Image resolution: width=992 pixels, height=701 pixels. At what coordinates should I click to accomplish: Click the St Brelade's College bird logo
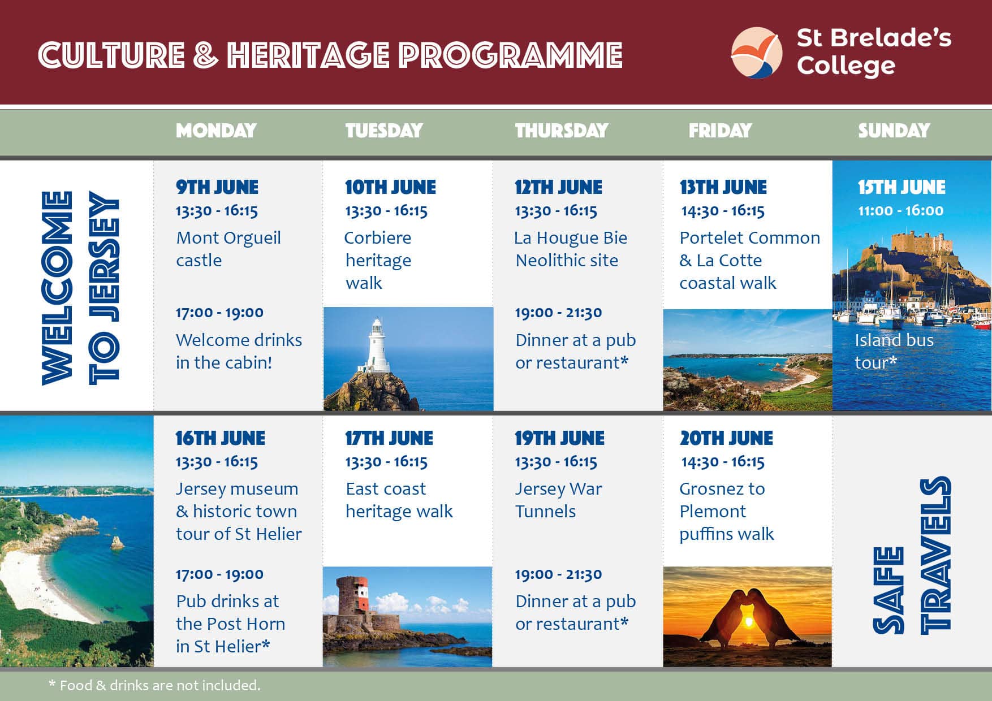click(x=757, y=53)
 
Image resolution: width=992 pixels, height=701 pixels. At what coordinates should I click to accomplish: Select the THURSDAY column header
click(x=561, y=131)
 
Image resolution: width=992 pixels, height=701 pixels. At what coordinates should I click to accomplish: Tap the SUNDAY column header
click(x=894, y=131)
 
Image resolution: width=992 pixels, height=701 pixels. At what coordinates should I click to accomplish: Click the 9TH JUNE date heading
click(x=217, y=187)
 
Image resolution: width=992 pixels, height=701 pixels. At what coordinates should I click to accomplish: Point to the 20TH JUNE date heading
click(x=726, y=438)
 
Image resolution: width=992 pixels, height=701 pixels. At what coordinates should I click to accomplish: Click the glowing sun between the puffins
click(x=748, y=622)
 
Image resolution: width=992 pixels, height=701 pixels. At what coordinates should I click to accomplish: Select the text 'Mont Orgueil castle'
click(x=228, y=249)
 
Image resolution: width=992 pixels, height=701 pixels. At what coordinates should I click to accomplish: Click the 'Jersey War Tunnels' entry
click(x=558, y=500)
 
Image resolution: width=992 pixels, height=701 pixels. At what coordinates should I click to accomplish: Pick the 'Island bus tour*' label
click(x=894, y=351)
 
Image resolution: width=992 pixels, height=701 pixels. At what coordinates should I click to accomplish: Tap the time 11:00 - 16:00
click(x=900, y=211)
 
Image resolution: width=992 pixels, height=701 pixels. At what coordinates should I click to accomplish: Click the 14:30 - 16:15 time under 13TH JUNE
click(x=723, y=211)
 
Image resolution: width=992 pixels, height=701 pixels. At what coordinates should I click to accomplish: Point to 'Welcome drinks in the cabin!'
click(x=239, y=351)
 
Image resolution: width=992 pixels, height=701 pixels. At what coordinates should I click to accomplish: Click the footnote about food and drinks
click(x=154, y=685)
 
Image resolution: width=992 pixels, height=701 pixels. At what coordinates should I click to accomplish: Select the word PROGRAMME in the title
click(x=510, y=55)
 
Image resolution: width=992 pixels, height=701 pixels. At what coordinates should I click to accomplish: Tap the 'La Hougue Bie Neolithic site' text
click(x=571, y=249)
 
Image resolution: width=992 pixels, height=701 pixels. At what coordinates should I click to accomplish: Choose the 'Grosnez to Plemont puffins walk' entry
click(x=726, y=511)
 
